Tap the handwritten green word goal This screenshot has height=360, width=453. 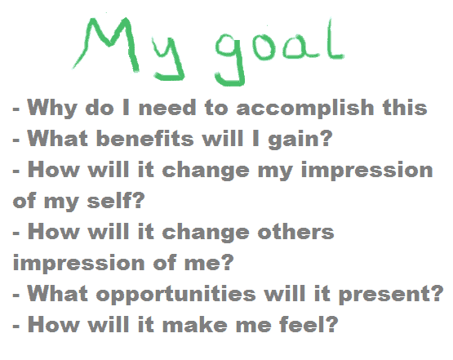tap(279, 52)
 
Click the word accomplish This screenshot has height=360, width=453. tap(305, 109)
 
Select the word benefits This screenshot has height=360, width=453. tap(144, 138)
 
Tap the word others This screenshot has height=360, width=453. tap(295, 232)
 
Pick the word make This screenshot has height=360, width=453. tap(195, 324)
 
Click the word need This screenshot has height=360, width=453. tap(167, 108)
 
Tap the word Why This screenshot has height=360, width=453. tap(52, 109)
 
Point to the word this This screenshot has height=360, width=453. tap(405, 107)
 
